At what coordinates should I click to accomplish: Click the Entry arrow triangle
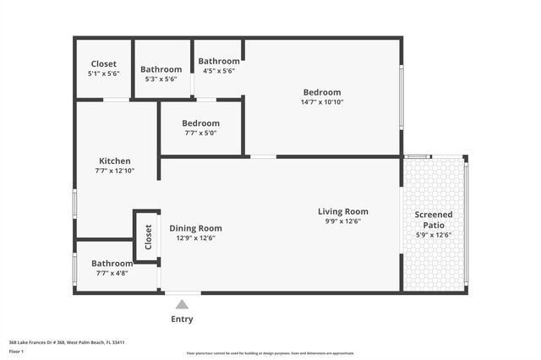[182, 304]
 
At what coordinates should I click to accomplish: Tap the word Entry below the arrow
[182, 319]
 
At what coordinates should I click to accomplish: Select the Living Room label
[342, 211]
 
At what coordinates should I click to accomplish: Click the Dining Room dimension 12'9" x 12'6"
[195, 238]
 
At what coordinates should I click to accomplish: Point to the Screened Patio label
[433, 220]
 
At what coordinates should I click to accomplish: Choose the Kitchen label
[114, 161]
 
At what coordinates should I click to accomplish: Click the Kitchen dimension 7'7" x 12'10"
[114, 171]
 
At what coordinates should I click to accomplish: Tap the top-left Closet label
[103, 64]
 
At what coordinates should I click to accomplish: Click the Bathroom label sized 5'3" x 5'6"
[161, 69]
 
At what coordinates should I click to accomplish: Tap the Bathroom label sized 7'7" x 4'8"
[112, 264]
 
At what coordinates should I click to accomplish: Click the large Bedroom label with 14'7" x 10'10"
[322, 92]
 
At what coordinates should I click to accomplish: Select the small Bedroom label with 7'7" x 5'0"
[200, 123]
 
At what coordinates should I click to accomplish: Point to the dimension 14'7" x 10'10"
[322, 102]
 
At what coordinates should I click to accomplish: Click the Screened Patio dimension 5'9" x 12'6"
[433, 235]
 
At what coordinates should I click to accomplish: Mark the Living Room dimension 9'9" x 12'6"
[342, 221]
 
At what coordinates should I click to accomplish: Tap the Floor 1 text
[17, 350]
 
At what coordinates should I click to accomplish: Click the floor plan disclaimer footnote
[270, 353]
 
